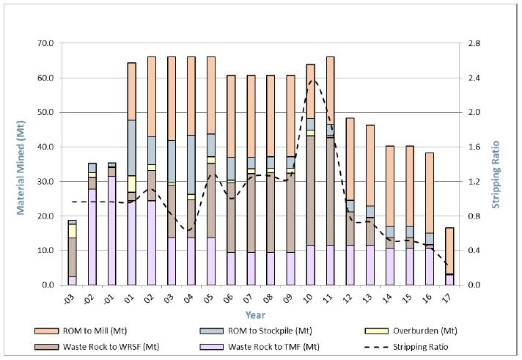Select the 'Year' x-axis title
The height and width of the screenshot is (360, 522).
click(x=256, y=315)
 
